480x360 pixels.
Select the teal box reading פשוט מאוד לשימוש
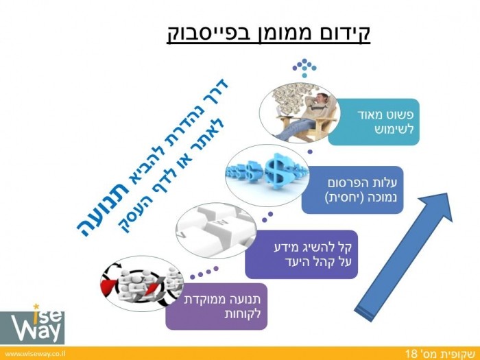pos(374,122)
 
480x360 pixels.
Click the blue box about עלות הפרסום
pos(352,190)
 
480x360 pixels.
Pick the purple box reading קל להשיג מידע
pos(302,254)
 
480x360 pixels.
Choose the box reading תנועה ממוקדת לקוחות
pos(217,307)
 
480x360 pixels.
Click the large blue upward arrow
pos(403,257)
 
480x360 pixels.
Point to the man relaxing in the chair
pos(309,117)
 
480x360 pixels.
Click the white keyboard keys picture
pos(216,230)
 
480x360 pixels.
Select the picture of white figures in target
pos(142,284)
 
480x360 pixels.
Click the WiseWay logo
pos(32,324)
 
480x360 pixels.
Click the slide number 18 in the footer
pos(411,354)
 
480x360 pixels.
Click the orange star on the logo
pos(36,307)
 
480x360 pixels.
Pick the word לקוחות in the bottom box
pos(243,314)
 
